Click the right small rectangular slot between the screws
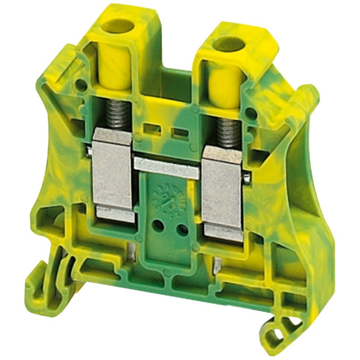pos(179,133)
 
